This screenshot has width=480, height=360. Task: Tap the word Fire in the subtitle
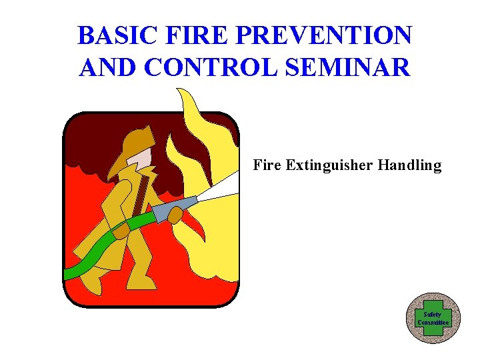click(267, 165)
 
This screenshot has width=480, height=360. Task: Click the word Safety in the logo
click(433, 314)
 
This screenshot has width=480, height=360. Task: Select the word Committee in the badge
click(433, 322)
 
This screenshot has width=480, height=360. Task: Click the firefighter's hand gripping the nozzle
click(175, 215)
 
